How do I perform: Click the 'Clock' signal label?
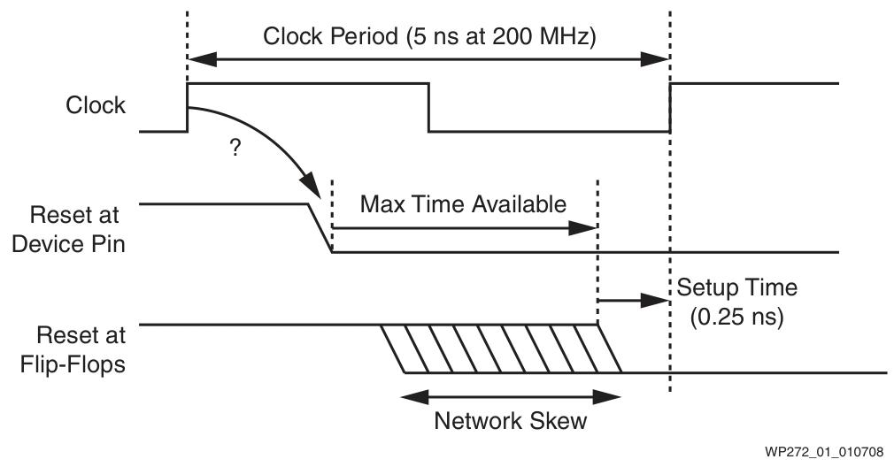click(96, 105)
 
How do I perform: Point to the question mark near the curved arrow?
click(235, 149)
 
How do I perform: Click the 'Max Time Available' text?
click(462, 204)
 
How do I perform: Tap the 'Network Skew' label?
click(510, 421)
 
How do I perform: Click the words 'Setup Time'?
click(736, 287)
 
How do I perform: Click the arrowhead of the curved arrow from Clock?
click(312, 193)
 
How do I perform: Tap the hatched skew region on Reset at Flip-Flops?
click(502, 348)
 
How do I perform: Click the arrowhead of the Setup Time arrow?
click(658, 300)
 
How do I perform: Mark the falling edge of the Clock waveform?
click(429, 108)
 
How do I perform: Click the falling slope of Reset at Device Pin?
click(319, 228)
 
